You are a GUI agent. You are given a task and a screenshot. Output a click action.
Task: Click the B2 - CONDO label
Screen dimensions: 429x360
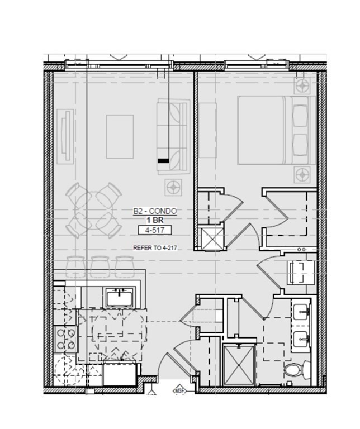[x=155, y=211]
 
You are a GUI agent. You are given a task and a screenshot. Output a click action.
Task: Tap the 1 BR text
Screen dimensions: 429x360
[x=154, y=220]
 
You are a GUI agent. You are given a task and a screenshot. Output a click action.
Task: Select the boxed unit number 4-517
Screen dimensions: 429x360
[x=154, y=230]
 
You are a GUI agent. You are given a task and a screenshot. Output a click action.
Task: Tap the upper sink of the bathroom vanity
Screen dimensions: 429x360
[x=301, y=309]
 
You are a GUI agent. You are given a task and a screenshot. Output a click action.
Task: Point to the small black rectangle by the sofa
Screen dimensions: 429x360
[x=163, y=161]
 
